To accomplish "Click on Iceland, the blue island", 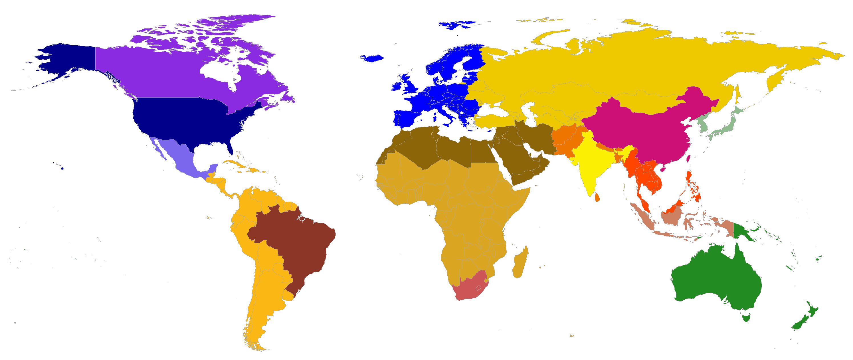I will (371, 58).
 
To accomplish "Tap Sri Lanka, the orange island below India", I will (597, 198).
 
